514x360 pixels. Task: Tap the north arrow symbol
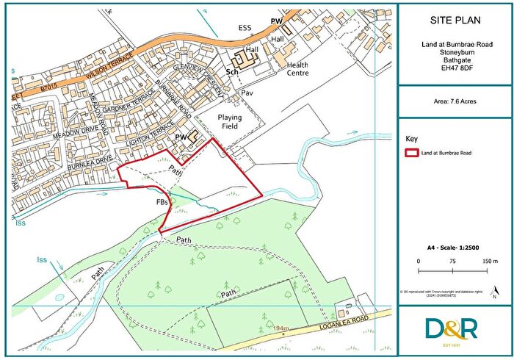(x=496, y=292)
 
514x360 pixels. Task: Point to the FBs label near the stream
(x=163, y=201)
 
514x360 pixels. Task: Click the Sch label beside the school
(x=231, y=73)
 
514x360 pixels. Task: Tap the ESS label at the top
(x=245, y=29)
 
